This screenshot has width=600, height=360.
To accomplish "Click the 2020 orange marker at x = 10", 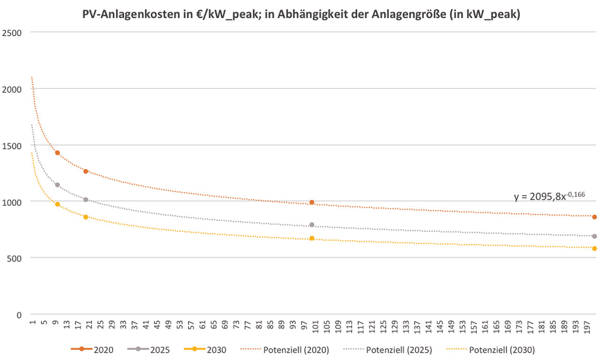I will click(x=57, y=153).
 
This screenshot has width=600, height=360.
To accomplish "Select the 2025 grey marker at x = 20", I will click(x=86, y=200).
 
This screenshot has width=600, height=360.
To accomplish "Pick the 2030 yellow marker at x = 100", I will click(x=312, y=239).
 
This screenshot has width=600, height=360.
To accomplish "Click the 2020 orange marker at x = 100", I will click(x=312, y=202).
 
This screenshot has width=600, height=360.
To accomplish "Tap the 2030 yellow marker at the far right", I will click(x=594, y=248).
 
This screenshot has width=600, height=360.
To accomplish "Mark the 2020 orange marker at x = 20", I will click(x=86, y=172).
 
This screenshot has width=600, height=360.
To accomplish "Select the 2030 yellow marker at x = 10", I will click(x=57, y=204).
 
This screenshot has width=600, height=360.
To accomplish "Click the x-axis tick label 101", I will click(x=316, y=326).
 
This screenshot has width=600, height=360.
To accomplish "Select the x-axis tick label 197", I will click(x=587, y=326).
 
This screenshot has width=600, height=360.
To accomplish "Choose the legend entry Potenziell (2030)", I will click(x=502, y=349).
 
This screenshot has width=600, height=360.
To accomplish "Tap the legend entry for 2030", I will click(x=215, y=349).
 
